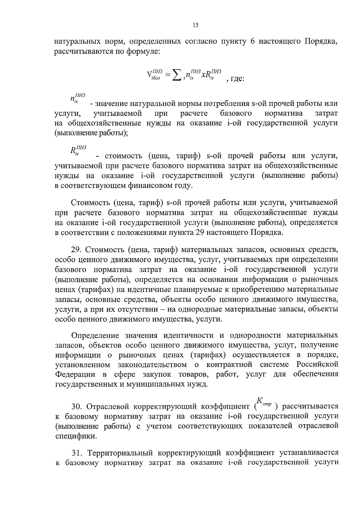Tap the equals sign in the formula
(167, 74)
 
